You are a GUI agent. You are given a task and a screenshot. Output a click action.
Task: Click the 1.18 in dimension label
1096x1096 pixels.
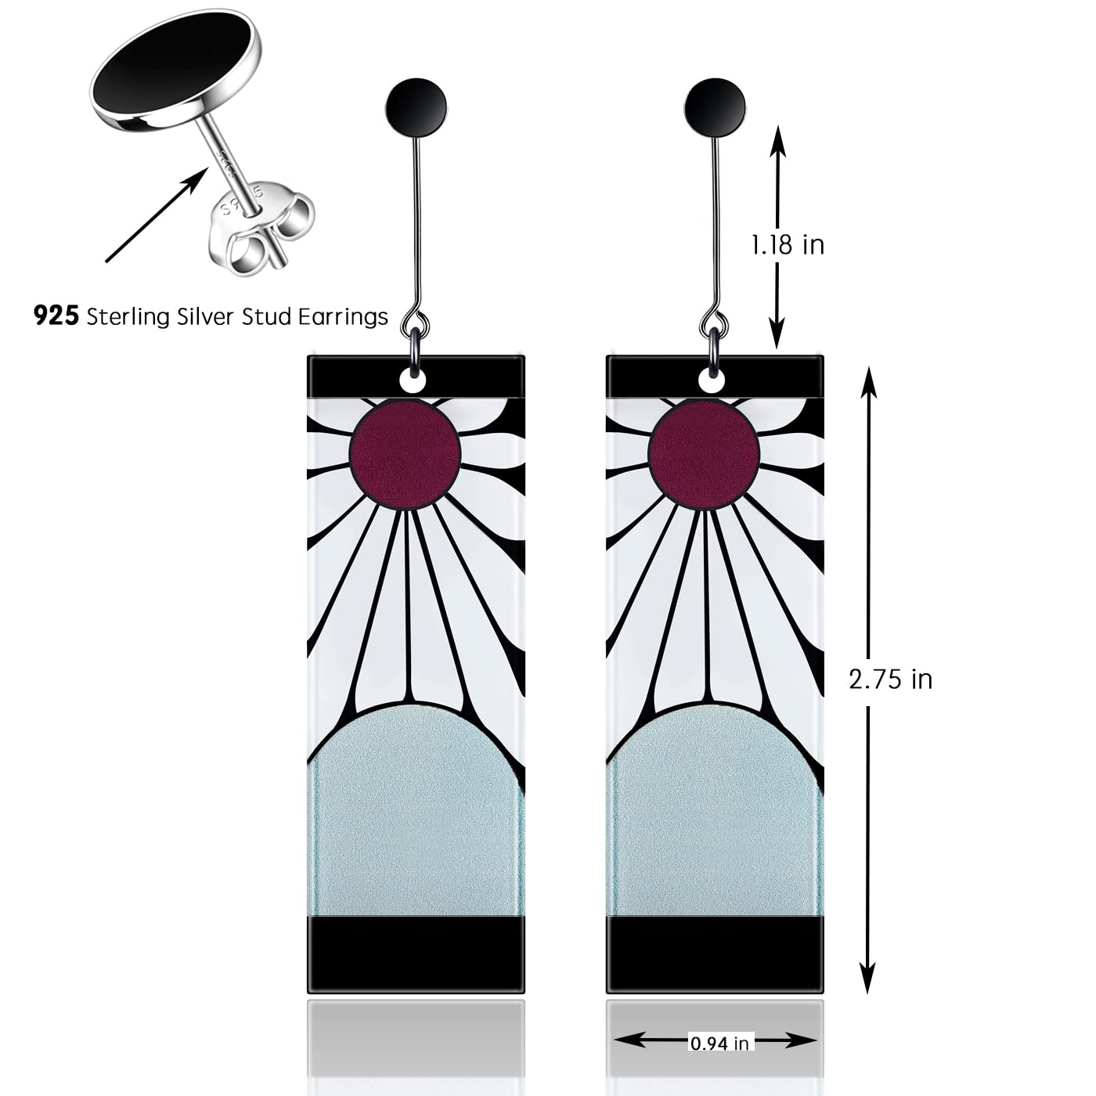click(788, 245)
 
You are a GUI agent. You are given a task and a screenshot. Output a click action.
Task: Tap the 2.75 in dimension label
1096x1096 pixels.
click(891, 679)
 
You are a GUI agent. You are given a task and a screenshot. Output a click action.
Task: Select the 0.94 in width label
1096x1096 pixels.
click(719, 1043)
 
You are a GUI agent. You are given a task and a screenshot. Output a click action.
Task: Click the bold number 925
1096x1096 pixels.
click(56, 316)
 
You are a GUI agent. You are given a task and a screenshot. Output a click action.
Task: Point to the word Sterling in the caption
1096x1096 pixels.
click(128, 317)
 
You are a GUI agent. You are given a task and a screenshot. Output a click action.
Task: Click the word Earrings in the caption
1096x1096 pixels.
click(345, 317)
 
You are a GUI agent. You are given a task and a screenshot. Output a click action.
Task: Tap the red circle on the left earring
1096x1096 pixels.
click(405, 454)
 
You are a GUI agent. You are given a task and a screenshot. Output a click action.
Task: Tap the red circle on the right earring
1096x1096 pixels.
click(705, 454)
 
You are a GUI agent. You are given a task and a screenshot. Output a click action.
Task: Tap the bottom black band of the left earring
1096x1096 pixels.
click(416, 953)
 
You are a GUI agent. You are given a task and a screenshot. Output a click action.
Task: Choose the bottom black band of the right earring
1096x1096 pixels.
click(715, 953)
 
